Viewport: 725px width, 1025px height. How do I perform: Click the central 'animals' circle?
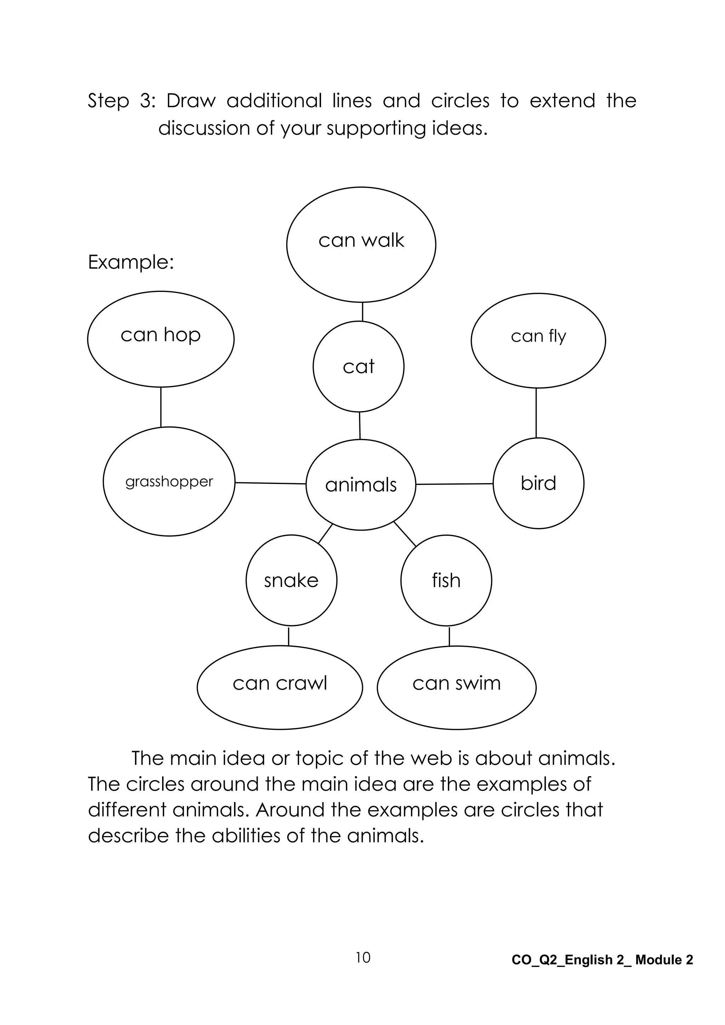[x=361, y=485]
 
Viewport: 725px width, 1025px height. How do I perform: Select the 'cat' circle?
[x=359, y=367]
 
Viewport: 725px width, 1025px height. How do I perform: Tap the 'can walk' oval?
[x=361, y=245]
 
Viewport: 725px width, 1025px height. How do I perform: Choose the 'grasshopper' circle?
[x=169, y=482]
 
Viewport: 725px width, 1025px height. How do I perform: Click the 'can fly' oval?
[x=538, y=340]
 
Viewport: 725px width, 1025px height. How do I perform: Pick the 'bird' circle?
[x=538, y=483]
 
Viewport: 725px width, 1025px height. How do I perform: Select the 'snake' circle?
[x=291, y=580]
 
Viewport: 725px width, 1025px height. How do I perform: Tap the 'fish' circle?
[x=446, y=580]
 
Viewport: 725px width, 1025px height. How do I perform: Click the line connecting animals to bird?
[x=455, y=484]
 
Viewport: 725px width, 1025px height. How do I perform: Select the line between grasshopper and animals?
[x=270, y=483]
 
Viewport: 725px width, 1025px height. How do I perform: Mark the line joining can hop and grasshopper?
[x=161, y=407]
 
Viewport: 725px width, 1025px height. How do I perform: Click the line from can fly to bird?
[x=536, y=413]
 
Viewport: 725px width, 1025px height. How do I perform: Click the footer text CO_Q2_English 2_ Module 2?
[x=602, y=960]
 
